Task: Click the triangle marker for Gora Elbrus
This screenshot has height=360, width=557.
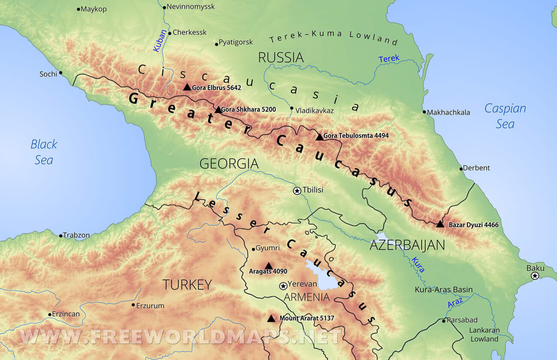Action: tap(187, 87)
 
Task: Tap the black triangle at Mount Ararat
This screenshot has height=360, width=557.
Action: tap(271, 318)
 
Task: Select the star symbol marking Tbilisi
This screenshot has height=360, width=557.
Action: tap(297, 190)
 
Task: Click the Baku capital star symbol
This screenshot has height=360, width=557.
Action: tap(535, 276)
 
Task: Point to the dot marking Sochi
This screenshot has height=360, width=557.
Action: tap(60, 73)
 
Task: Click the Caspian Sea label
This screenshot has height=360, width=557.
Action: tap(505, 116)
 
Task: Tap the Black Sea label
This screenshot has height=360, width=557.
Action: tap(44, 152)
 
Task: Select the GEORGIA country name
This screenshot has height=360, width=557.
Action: tap(229, 164)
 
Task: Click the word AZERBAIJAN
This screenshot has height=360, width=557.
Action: tap(407, 245)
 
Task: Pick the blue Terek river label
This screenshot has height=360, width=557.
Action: tap(389, 59)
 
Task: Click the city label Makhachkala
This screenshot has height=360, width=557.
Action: tap(448, 112)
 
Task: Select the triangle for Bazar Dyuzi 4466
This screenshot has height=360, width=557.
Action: tap(440, 224)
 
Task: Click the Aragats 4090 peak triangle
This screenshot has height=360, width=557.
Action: tap(268, 266)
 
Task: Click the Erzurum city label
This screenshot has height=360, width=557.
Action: tap(150, 306)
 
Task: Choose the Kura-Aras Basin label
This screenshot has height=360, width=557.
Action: tap(443, 290)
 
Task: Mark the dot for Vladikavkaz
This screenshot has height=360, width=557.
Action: tap(292, 108)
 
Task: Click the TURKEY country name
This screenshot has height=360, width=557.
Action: tap(187, 285)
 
